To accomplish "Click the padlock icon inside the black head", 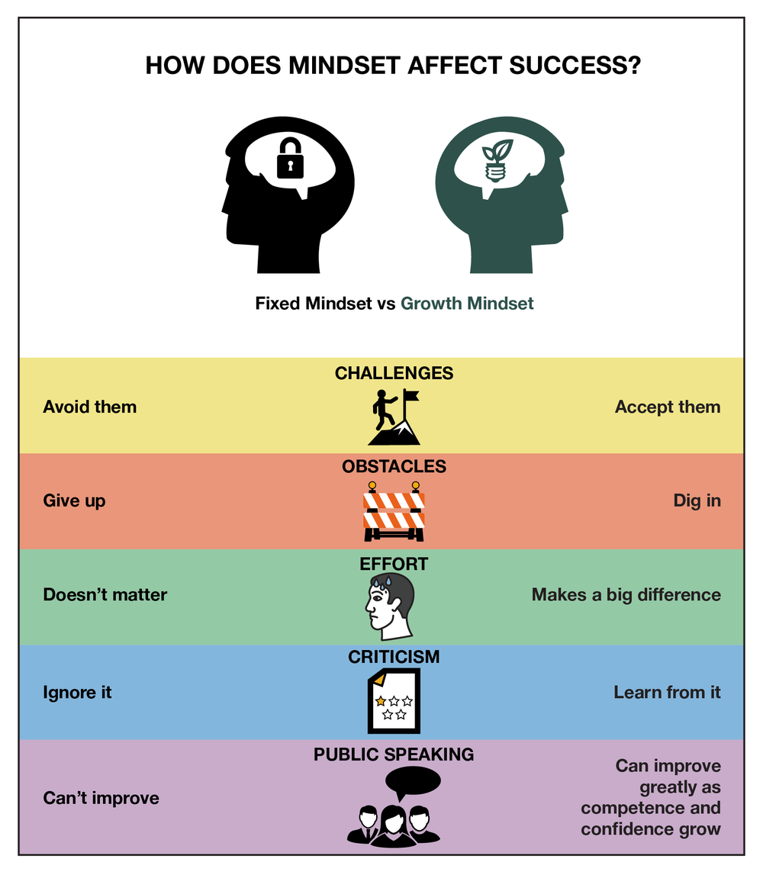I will pos(290,159).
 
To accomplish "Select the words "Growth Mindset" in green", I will pos(467,304).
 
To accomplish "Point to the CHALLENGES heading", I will pos(394,374).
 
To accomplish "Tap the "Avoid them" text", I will pos(90,407).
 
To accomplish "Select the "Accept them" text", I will pos(668,407).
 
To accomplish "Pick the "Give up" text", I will pos(74,501).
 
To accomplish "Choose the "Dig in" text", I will pos(697,501).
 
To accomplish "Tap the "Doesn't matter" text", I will pos(105,595).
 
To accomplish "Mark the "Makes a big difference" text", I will pos(626,595).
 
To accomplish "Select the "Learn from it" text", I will pos(667,693).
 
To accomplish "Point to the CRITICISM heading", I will pos(394,657).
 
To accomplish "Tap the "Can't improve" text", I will pos(101,799).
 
